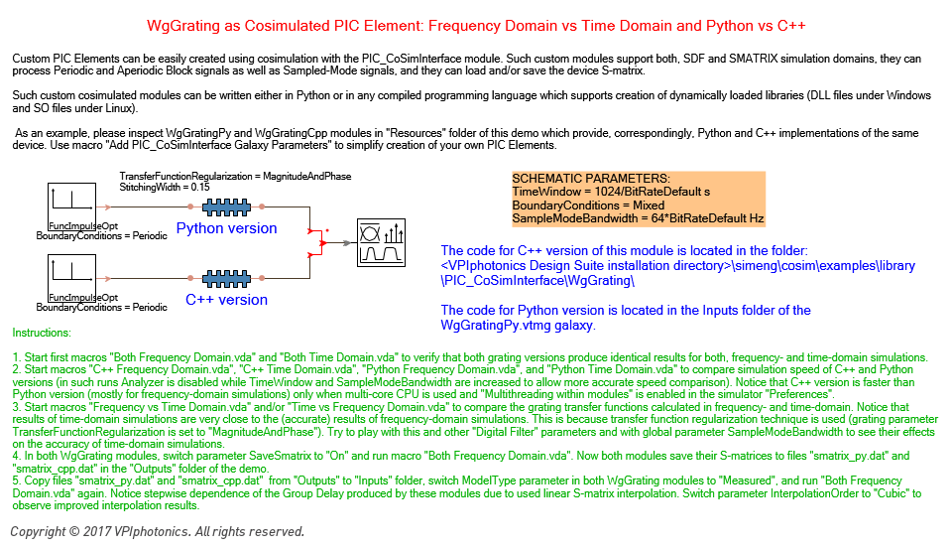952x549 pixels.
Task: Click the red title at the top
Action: [476, 26]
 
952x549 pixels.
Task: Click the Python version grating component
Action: [226, 207]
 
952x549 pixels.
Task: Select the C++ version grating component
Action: [226, 279]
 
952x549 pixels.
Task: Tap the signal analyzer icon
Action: [381, 242]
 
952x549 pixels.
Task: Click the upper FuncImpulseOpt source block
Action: [71, 207]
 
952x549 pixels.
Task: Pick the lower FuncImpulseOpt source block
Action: [71, 279]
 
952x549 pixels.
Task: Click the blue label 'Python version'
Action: [226, 228]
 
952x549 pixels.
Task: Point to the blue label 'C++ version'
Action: [226, 300]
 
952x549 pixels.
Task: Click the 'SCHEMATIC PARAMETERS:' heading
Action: [591, 179]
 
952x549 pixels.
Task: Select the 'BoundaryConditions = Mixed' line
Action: [588, 206]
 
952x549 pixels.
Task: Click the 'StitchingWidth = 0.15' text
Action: [165, 188]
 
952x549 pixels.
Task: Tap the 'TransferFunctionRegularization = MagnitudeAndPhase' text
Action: [235, 177]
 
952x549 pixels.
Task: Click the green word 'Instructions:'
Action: [42, 334]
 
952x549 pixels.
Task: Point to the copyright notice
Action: [158, 532]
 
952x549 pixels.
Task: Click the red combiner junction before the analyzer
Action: [322, 242]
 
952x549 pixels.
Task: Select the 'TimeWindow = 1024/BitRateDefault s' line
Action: [611, 193]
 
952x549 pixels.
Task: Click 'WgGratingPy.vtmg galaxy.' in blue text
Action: [518, 326]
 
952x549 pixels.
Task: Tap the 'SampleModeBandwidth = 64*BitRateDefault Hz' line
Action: [638, 218]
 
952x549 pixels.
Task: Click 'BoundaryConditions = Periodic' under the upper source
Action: [101, 236]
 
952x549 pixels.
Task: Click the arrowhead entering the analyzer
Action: [348, 243]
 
